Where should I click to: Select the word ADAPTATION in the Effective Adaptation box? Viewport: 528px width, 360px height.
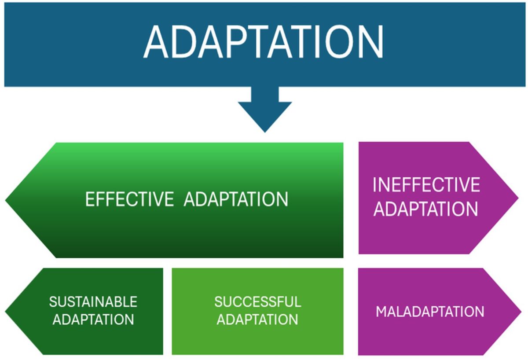tap(236, 199)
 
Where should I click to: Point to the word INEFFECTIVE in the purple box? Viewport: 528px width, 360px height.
tap(426, 185)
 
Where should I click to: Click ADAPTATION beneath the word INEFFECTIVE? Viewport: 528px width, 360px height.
tap(426, 209)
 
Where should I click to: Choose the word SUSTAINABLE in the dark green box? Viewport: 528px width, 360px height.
tap(93, 302)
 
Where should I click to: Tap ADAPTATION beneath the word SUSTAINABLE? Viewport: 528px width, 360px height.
tap(93, 320)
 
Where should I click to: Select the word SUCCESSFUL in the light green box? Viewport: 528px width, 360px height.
tap(258, 302)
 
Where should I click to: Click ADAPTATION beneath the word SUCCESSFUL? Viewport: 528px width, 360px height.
tap(258, 320)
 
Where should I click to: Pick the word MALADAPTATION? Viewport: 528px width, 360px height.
tap(430, 312)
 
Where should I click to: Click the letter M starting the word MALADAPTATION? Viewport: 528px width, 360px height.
tap(381, 312)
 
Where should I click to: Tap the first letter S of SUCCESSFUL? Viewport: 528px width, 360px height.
tap(218, 302)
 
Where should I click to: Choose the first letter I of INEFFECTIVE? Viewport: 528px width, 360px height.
tap(374, 185)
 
